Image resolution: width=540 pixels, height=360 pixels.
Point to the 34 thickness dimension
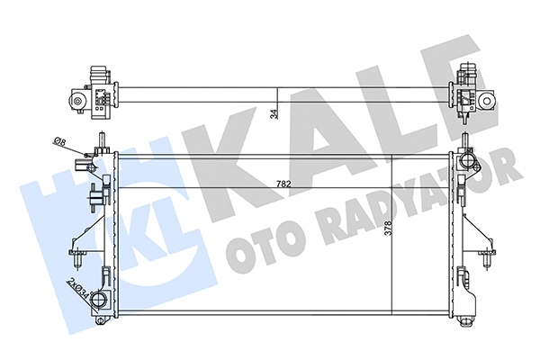(274, 112)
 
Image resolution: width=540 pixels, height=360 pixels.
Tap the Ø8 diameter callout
(58, 141)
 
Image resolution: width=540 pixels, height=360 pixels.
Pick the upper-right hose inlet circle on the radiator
(465, 162)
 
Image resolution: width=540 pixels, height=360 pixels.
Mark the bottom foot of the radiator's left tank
(102, 317)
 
